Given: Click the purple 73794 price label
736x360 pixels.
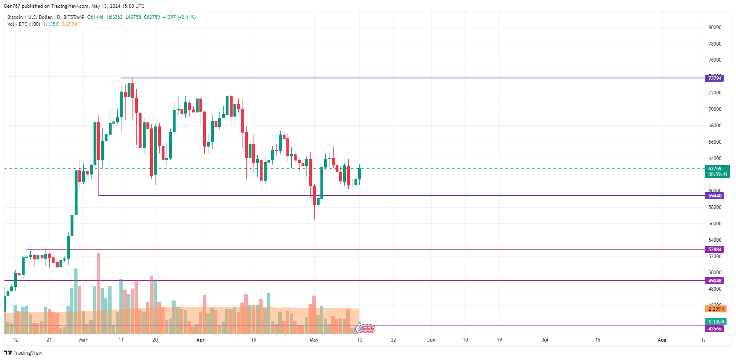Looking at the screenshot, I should [714, 78].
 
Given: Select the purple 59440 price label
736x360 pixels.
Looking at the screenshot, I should [714, 196].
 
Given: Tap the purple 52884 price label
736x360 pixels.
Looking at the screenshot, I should [714, 250].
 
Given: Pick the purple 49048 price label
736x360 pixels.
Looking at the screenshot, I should [714, 281].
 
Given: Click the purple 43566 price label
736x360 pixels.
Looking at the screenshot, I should [714, 329].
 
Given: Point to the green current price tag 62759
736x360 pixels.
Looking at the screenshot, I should [717, 171].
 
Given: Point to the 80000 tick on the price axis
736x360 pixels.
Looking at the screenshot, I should [715, 28].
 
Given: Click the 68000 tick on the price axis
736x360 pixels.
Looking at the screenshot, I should [715, 126].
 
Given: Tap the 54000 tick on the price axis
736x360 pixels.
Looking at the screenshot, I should [715, 240].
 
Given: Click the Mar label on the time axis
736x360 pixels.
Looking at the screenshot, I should [83, 340].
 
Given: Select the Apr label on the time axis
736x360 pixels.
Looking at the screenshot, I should [200, 340].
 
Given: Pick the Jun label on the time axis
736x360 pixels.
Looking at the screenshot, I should [431, 340].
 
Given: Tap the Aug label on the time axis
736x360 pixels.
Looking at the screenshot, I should [662, 340].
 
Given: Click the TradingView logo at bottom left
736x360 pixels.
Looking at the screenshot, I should [23, 353].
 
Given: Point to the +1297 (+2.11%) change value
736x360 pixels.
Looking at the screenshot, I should [179, 17].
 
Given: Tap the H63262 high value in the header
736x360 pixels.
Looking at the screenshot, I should [114, 17].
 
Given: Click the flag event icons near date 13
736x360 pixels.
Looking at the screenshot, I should [366, 328].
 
